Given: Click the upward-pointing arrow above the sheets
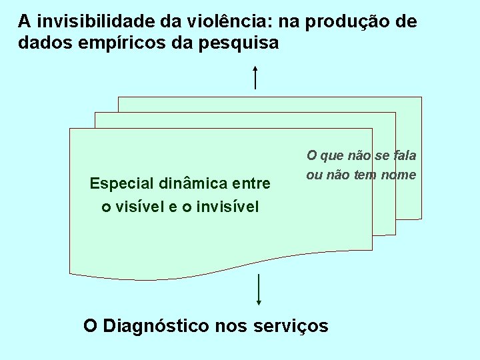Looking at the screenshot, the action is tap(255, 76).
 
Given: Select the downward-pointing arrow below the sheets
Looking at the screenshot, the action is tap(258, 299).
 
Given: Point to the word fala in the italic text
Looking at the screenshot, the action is tap(405, 155).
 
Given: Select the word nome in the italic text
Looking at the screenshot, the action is tap(399, 175).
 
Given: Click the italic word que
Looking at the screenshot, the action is tap(331, 156).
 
